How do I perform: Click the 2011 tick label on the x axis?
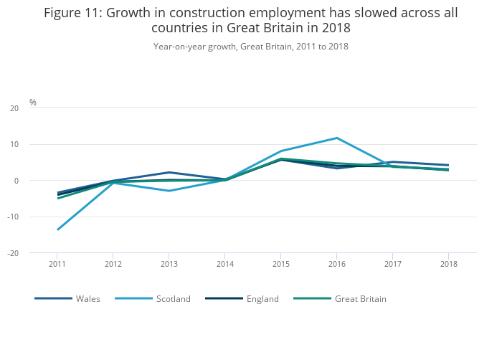[x=57, y=264]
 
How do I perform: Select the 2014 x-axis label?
[x=224, y=264]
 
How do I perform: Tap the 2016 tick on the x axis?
[x=336, y=264]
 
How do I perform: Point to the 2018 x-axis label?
[x=448, y=264]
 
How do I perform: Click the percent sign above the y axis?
[x=33, y=103]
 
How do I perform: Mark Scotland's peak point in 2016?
[x=336, y=138]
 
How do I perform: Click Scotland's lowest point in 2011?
[x=57, y=229]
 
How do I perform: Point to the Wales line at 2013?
[x=169, y=172]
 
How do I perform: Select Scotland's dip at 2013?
[x=169, y=191]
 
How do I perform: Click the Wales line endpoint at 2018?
[x=448, y=165]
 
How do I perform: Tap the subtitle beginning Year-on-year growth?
[x=250, y=46]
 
